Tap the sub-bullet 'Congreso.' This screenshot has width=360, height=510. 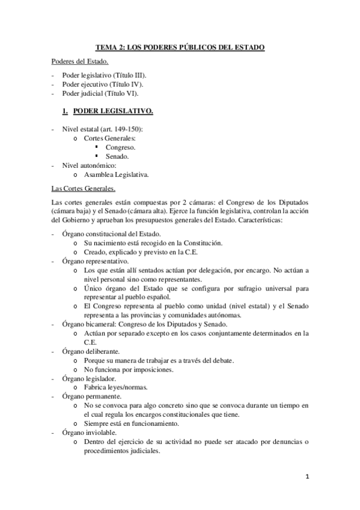120,147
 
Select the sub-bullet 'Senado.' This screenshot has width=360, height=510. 117,156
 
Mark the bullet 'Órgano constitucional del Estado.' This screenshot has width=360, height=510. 110,233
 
